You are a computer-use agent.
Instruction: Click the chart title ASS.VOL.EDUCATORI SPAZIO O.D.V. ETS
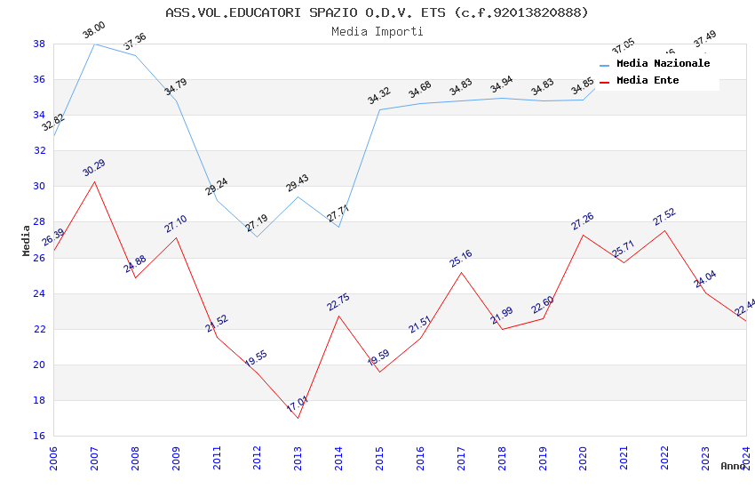pyautogui.click(x=377, y=12)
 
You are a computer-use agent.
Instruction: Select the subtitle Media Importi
pyautogui.click(x=377, y=32)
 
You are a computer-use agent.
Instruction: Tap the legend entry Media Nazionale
pyautogui.click(x=663, y=64)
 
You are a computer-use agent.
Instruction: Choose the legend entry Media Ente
pyautogui.click(x=648, y=81)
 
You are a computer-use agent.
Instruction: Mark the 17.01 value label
pyautogui.click(x=298, y=405)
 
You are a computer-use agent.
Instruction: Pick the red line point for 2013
pyautogui.click(x=298, y=418)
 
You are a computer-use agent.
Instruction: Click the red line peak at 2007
pyautogui.click(x=94, y=181)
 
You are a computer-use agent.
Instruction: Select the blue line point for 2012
pyautogui.click(x=257, y=236)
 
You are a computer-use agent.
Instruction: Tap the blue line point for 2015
pyautogui.click(x=379, y=109)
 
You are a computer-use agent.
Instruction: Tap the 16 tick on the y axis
pyautogui.click(x=40, y=437)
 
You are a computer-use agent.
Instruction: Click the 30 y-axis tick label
pyautogui.click(x=40, y=187)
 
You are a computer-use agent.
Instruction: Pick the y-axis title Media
pyautogui.click(x=27, y=240)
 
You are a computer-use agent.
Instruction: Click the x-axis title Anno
pyautogui.click(x=734, y=466)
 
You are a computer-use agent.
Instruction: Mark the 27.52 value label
pyautogui.click(x=664, y=217)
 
